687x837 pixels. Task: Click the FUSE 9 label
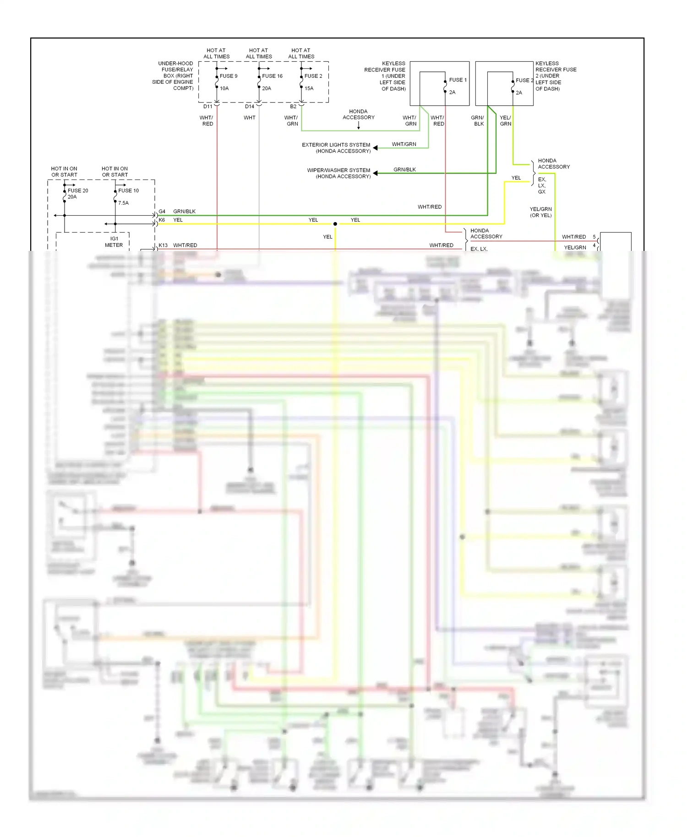(x=229, y=76)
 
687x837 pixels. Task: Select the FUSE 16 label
(x=272, y=76)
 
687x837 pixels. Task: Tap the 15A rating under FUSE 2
(x=309, y=88)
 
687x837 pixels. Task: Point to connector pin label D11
(x=208, y=107)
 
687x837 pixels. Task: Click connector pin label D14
(x=250, y=107)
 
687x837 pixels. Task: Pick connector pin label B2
(x=293, y=107)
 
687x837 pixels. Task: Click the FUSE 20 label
(x=78, y=190)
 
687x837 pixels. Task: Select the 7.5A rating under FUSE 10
(x=124, y=203)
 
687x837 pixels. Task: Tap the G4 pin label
(x=162, y=212)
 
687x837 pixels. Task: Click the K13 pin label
(x=163, y=245)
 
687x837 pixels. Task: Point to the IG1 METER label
(x=114, y=242)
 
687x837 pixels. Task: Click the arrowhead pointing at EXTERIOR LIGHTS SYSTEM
(x=376, y=148)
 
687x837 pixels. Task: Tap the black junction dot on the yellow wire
(x=335, y=224)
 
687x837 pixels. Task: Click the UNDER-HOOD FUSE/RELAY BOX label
(x=173, y=76)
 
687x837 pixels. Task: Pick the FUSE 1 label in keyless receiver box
(x=458, y=80)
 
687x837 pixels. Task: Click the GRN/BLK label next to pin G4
(x=184, y=212)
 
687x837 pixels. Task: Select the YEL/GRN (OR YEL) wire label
(x=540, y=212)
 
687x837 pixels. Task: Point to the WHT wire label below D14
(x=250, y=118)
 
